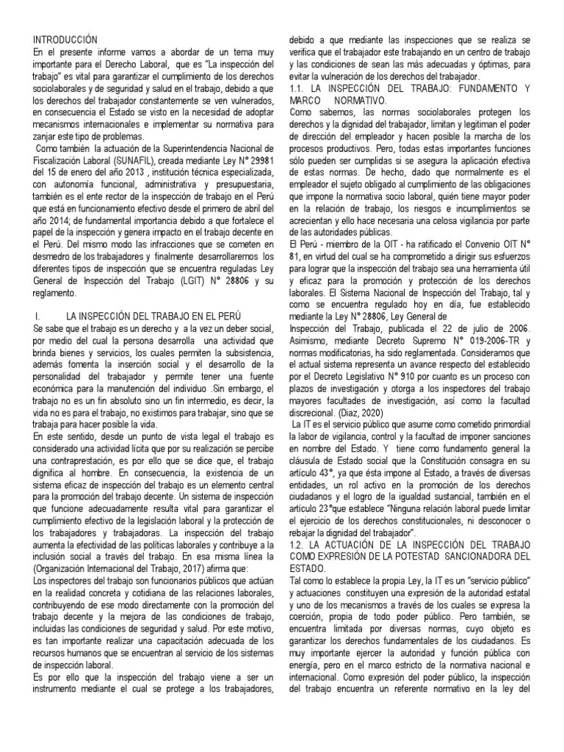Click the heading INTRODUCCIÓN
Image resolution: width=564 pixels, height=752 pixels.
[x=66, y=38]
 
